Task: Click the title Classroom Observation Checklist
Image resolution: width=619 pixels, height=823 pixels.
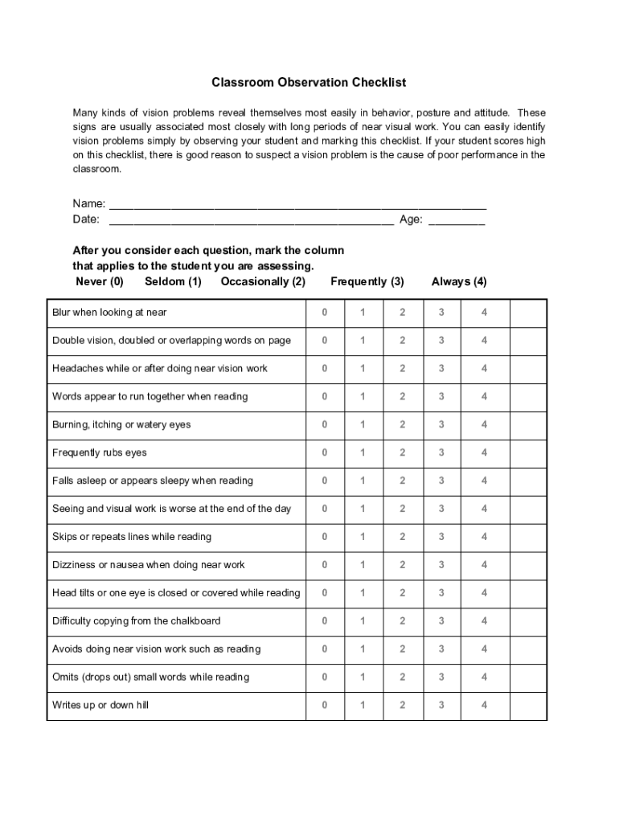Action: tap(309, 82)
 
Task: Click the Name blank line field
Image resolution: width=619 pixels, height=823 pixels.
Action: tap(297, 204)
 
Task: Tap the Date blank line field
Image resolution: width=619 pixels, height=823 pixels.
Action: tap(251, 219)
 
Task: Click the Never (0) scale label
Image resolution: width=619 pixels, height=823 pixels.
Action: tap(100, 281)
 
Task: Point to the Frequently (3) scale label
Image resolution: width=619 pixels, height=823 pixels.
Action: tap(367, 281)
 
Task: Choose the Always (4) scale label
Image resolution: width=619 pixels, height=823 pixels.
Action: tap(459, 281)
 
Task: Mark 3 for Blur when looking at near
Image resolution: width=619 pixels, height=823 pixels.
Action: tap(441, 313)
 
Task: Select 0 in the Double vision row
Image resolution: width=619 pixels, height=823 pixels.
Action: tap(325, 341)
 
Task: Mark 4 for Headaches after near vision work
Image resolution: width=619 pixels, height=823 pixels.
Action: tap(484, 369)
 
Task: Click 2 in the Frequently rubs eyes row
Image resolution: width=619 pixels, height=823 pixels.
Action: tap(403, 452)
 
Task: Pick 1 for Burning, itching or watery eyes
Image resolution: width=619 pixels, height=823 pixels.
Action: tap(363, 424)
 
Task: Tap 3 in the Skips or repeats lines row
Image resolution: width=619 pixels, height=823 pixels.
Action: tap(441, 537)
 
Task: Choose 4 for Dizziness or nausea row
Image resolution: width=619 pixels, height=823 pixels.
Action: tap(484, 565)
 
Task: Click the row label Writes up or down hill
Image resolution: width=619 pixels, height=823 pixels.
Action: tap(100, 706)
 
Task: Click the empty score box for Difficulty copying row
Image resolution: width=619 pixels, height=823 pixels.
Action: tap(528, 621)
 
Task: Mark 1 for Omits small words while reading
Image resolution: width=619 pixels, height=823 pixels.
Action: tap(363, 678)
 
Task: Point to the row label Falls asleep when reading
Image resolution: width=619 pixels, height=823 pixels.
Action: tap(153, 481)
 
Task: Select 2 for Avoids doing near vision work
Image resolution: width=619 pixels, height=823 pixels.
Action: tap(403, 649)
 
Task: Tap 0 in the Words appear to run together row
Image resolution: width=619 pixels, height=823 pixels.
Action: tap(325, 396)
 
